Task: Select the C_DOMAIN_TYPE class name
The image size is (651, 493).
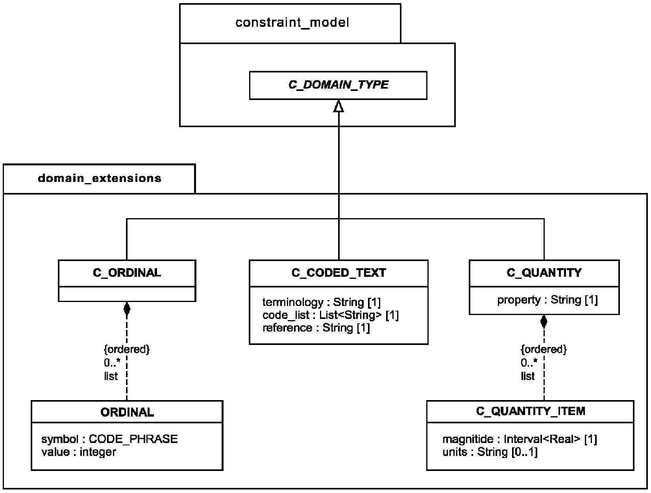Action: [338, 85]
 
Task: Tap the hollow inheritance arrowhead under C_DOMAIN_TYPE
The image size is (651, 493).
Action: [339, 106]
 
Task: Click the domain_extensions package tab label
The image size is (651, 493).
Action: [100, 178]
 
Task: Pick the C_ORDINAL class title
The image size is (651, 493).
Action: [127, 272]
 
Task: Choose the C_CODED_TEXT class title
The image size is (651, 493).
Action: [339, 272]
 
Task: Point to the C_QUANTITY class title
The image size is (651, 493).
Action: [544, 272]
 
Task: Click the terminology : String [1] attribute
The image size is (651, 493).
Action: [322, 302]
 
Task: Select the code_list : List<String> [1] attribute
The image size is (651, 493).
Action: [331, 315]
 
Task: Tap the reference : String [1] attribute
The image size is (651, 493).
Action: [316, 328]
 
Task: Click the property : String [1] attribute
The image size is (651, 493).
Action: [547, 300]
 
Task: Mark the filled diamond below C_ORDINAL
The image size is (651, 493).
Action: [127, 309]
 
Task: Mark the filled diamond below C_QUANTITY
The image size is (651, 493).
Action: [544, 322]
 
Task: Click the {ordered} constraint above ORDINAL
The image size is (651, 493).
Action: [127, 349]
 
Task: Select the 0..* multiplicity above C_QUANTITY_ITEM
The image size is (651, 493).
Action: [529, 363]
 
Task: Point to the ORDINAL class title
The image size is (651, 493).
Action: [127, 412]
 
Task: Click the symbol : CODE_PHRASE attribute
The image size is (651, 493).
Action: [109, 439]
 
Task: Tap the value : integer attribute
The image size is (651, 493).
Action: [79, 452]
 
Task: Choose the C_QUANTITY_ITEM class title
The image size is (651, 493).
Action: [531, 411]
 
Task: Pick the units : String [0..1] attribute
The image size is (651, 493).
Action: [490, 452]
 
